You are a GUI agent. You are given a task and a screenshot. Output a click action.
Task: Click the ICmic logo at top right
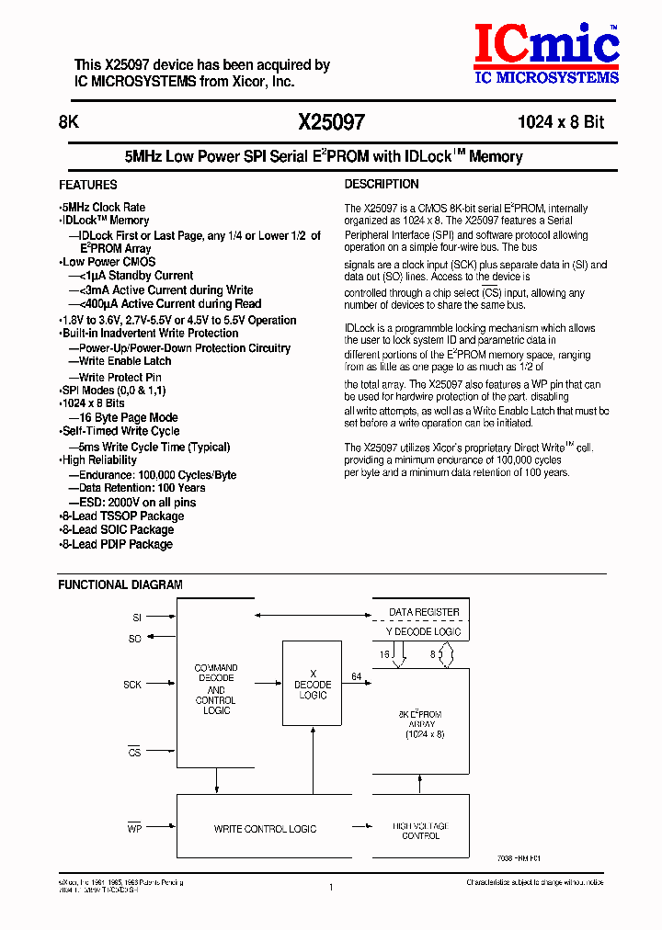(x=546, y=53)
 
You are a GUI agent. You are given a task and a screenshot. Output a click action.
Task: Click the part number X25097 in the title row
(x=331, y=121)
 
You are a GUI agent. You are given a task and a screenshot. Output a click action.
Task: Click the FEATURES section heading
(x=88, y=185)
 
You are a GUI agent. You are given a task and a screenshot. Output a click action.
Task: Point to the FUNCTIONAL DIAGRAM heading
(x=120, y=584)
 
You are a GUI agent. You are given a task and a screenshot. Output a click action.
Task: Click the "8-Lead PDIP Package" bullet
(x=116, y=544)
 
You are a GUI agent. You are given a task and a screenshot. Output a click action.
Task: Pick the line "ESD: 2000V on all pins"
(x=137, y=502)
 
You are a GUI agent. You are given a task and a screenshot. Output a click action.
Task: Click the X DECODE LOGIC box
(x=313, y=685)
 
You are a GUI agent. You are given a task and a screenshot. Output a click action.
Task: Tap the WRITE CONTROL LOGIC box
(x=265, y=829)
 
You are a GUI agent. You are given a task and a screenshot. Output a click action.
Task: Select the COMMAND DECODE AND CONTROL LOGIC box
(x=216, y=689)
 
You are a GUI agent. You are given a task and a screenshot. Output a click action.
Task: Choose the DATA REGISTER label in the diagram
(x=424, y=611)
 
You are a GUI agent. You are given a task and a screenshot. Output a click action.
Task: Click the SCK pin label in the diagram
(x=132, y=685)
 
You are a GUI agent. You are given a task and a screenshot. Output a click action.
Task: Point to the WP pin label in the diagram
(x=133, y=827)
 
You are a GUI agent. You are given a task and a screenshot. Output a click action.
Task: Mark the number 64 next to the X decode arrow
(x=356, y=676)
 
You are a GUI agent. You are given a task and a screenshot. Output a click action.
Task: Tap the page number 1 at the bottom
(x=330, y=887)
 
